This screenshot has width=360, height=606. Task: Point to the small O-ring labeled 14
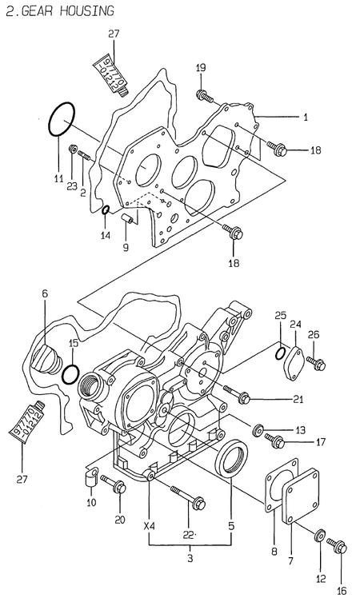pyautogui.click(x=105, y=210)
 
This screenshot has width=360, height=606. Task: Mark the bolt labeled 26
pyautogui.click(x=318, y=365)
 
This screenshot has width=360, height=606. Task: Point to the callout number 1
pyautogui.click(x=305, y=118)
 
